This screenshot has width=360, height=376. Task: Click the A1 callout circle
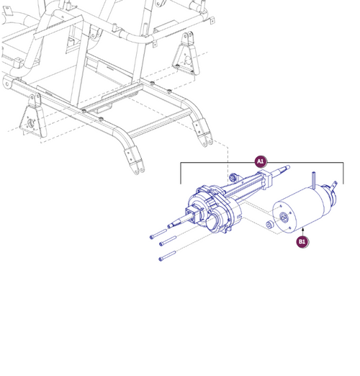261,162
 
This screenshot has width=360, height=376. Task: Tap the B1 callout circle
302,242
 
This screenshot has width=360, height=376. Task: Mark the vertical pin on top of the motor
315,178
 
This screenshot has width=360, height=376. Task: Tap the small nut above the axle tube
233,176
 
